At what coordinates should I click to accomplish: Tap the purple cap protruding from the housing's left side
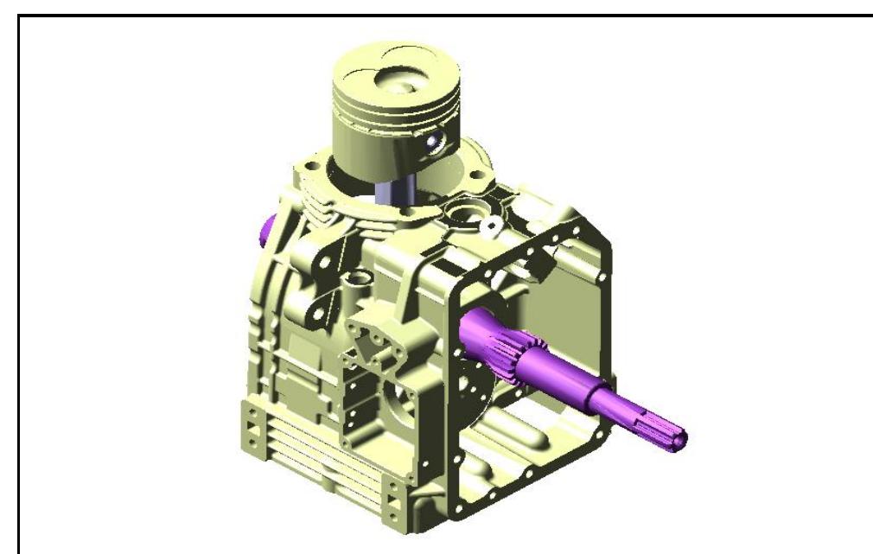coord(265,229)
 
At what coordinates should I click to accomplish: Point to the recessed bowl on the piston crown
coord(386,84)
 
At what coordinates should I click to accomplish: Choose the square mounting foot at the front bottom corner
coord(397,510)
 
